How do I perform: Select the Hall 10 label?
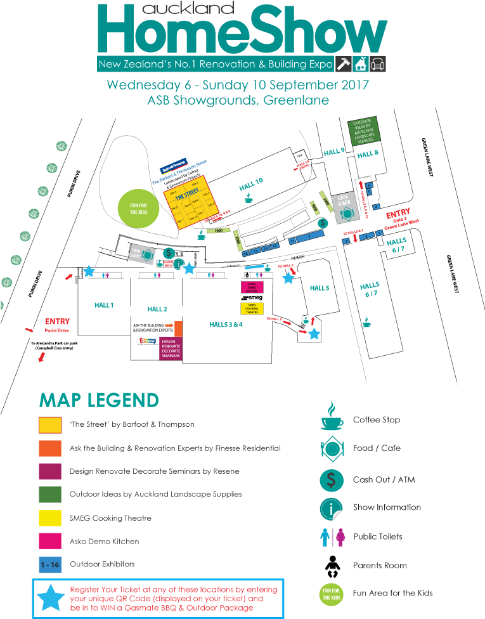point(251,185)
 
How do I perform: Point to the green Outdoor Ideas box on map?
point(365,131)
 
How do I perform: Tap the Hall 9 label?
point(333,152)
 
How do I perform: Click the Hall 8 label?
point(368,154)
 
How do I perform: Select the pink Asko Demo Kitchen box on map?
point(252,287)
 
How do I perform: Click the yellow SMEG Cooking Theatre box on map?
point(252,308)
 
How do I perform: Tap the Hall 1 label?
point(104,305)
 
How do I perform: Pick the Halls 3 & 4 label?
point(226,324)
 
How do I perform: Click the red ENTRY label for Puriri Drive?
point(58,322)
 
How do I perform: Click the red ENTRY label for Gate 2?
point(398,214)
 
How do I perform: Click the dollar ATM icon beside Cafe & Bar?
point(323,223)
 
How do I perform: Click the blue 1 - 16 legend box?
point(50,564)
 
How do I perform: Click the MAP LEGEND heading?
point(99,400)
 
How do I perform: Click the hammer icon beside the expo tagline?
point(343,64)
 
